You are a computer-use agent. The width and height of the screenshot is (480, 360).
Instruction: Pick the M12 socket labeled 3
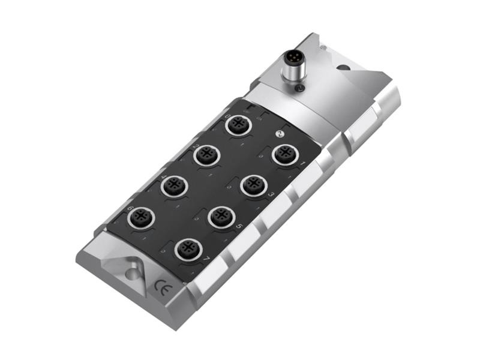pos(253,185)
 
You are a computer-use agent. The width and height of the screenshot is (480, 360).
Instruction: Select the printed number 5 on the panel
pos(239,226)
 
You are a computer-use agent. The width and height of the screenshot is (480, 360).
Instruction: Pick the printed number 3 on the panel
pos(271,194)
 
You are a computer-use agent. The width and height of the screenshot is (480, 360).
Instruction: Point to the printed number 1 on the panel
pos(303,163)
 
